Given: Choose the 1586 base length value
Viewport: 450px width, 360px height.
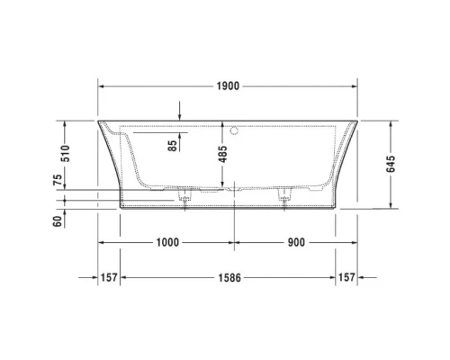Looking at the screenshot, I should coord(229,277).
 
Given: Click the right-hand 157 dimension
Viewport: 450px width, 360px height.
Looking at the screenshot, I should coord(348,277).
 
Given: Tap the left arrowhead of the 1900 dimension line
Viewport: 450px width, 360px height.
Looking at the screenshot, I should coord(102,86).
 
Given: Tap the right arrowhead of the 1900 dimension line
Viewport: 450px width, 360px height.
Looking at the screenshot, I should coord(355,86).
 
